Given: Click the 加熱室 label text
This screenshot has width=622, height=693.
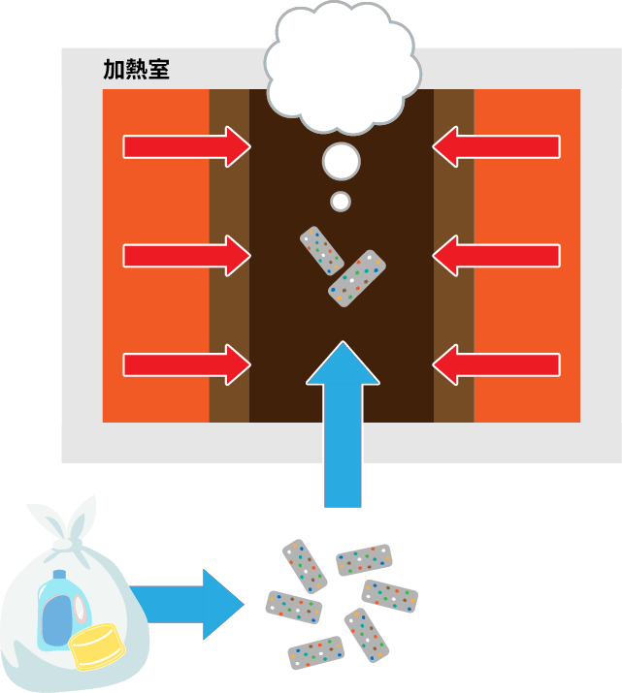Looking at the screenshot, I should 136,70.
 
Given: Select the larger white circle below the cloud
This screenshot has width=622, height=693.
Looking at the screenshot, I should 341,161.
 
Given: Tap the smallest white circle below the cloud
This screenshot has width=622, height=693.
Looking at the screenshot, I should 341,202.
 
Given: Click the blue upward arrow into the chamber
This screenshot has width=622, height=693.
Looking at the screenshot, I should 342,426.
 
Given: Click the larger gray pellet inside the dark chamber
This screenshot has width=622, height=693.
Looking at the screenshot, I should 356,279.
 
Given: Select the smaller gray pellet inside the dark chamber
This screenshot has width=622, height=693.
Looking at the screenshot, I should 321,250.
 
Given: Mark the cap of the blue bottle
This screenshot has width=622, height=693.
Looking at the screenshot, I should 57,576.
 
